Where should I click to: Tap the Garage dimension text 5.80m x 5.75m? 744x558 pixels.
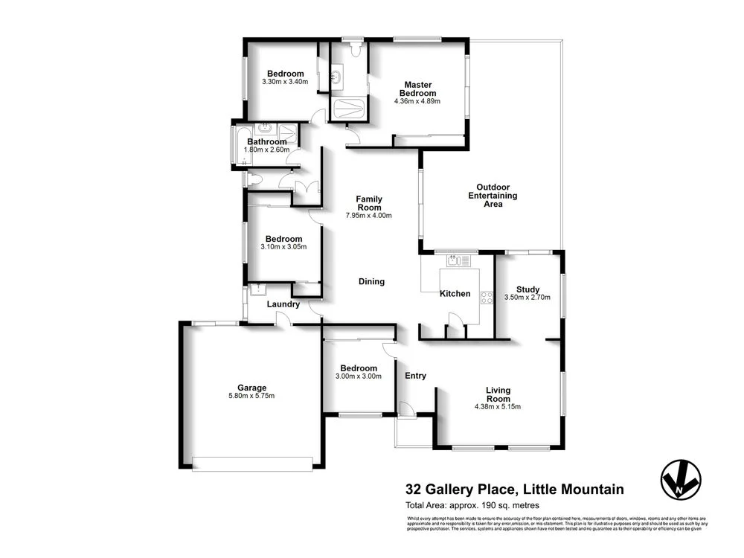click(x=251, y=396)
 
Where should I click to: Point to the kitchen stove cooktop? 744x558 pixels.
click(x=488, y=298)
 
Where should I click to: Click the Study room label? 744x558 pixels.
click(x=527, y=289)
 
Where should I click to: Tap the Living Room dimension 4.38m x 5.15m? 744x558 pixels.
click(x=497, y=407)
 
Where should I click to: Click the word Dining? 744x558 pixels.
click(x=371, y=281)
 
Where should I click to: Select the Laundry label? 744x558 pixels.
click(x=283, y=304)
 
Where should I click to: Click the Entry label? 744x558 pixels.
click(x=415, y=376)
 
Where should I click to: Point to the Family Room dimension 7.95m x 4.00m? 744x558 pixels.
click(x=368, y=216)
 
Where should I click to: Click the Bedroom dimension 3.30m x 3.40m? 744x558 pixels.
click(x=285, y=82)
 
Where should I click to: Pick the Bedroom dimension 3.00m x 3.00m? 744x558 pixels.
click(x=359, y=376)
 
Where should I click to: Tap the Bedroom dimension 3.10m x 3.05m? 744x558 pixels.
click(x=285, y=247)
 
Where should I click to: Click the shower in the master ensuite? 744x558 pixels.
click(x=347, y=109)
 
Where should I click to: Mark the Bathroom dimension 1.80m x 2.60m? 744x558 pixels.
click(x=266, y=150)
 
